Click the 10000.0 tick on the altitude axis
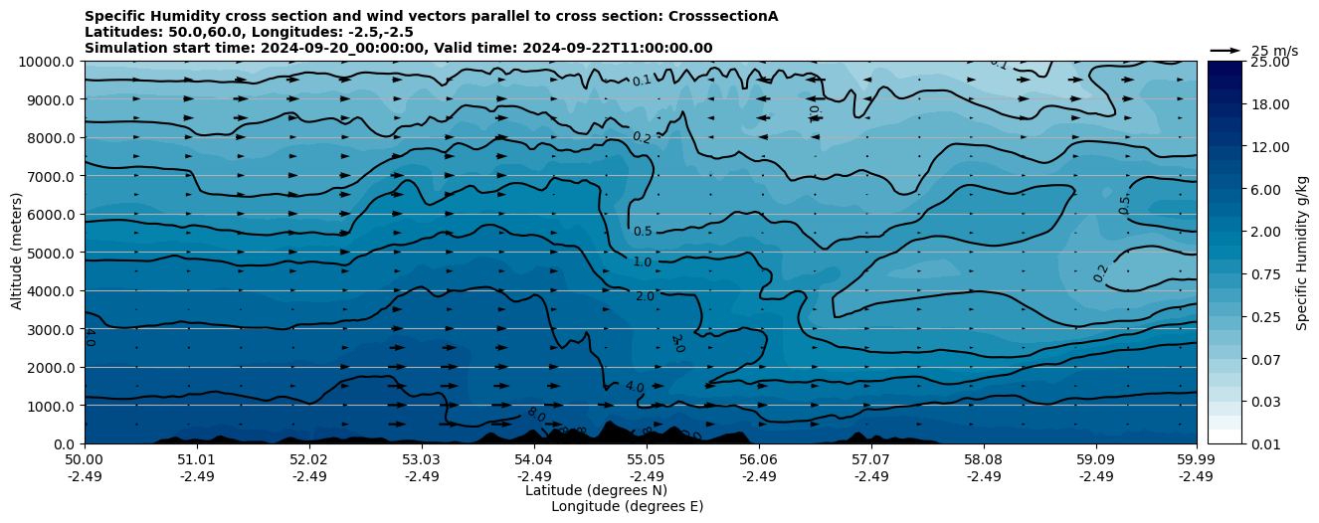[x=49, y=62]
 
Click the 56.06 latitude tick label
[x=758, y=460]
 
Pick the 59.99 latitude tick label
[x=1196, y=460]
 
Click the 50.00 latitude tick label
[x=85, y=460]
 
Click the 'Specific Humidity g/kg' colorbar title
[x=1302, y=253]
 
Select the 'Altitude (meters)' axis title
[x=17, y=253]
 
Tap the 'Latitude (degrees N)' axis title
[x=596, y=490]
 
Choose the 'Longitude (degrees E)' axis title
[x=627, y=506]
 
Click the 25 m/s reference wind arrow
[x=1225, y=50]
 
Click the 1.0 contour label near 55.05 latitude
[x=643, y=262]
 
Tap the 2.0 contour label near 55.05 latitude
[x=645, y=296]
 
